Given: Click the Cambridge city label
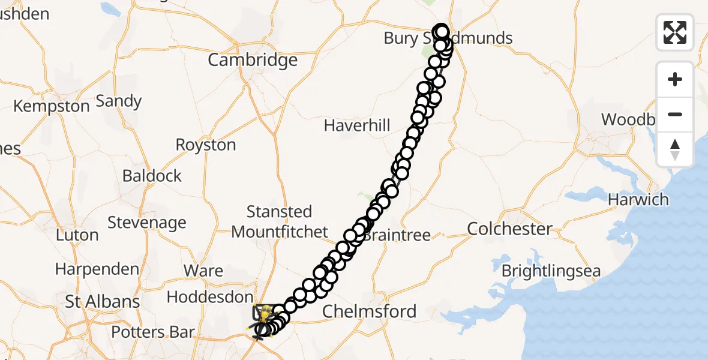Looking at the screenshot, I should click(253, 60).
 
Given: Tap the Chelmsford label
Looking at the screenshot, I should click(369, 311).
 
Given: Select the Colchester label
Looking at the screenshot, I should click(509, 229).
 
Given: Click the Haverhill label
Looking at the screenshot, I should click(357, 126).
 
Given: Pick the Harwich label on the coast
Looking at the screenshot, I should click(638, 200).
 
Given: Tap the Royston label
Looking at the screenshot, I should click(206, 145).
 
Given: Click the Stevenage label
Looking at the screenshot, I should click(147, 223).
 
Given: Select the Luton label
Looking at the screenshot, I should click(77, 235).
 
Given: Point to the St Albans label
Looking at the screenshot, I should click(103, 302).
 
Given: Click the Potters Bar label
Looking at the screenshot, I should click(153, 332).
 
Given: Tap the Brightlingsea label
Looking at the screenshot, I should click(551, 271).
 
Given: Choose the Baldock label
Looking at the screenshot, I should click(152, 176).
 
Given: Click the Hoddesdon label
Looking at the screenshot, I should click(210, 297).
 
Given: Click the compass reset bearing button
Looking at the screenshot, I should click(675, 149).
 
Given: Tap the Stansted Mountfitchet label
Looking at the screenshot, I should click(280, 221).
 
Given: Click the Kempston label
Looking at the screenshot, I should click(52, 106).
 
